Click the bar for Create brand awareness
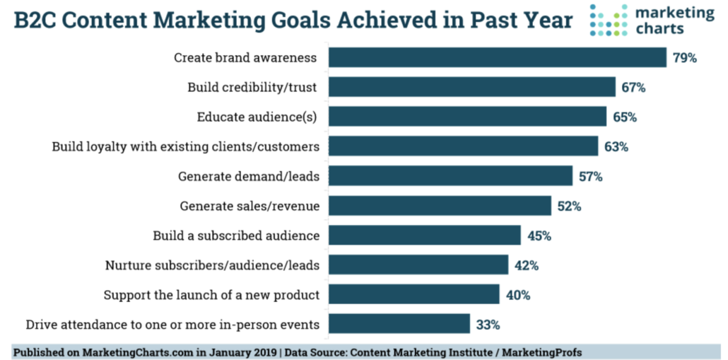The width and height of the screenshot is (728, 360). (498, 57)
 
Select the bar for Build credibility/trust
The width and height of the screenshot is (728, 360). (472, 87)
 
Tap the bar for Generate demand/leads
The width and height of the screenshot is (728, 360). (451, 176)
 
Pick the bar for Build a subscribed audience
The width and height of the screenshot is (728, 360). (425, 236)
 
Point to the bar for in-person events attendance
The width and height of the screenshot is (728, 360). (399, 324)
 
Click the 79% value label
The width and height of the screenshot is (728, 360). (684, 58)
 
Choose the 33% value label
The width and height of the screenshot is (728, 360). (487, 325)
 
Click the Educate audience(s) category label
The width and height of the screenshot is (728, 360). (256, 117)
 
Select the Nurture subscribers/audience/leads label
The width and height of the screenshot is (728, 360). (212, 265)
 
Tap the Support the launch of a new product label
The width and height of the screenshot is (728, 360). (211, 295)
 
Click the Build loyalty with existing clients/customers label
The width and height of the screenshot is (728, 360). (186, 146)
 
